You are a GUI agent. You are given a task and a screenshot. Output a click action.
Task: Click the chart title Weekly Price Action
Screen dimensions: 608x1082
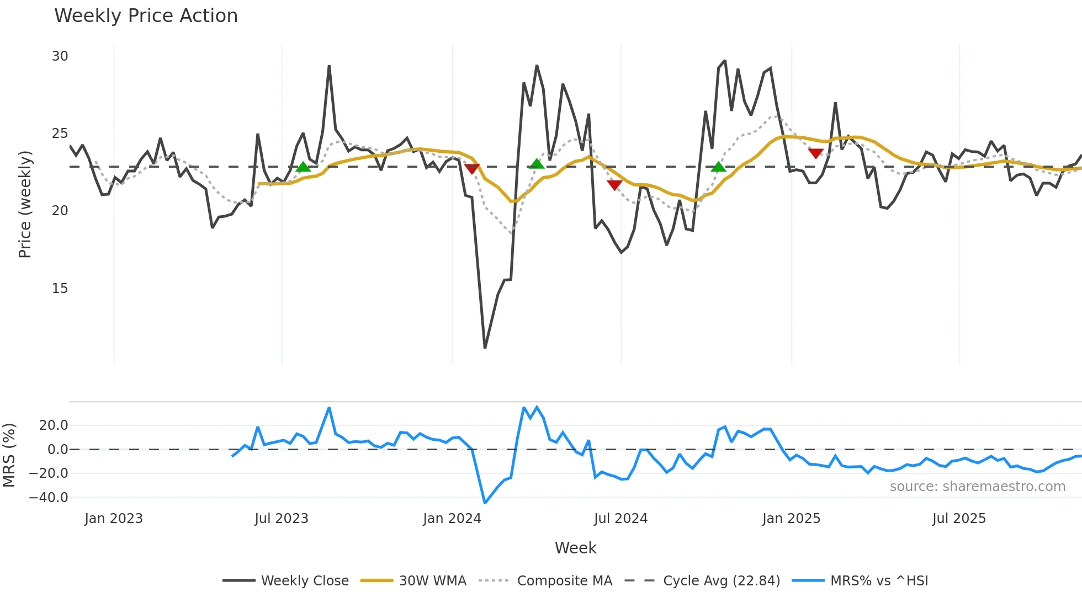[146, 16]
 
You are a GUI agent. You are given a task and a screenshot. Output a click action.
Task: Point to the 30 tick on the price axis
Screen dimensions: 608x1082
[60, 56]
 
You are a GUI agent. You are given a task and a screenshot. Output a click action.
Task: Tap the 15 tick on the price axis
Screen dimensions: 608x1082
[60, 289]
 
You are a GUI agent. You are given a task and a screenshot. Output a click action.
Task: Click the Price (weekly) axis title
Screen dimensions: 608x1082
[25, 204]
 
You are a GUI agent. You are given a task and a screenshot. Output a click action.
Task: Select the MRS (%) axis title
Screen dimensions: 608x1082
[9, 455]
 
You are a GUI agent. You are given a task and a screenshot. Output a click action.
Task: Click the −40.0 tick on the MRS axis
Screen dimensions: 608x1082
[49, 497]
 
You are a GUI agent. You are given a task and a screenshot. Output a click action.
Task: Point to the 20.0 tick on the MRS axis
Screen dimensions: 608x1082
[54, 425]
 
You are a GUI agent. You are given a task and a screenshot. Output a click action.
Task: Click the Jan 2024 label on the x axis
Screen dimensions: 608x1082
[452, 519]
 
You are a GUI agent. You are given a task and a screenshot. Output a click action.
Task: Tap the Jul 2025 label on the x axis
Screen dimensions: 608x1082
[958, 519]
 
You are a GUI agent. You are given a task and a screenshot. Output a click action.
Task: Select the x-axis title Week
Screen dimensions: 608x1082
[575, 548]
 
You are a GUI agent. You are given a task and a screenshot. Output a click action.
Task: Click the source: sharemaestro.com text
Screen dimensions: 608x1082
[977, 487]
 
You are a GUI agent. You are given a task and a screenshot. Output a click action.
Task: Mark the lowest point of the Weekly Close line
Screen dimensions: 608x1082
[485, 348]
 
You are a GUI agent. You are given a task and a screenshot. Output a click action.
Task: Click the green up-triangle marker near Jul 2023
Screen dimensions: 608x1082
[303, 167]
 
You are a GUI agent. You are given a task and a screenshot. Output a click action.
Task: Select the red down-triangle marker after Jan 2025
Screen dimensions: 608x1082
[815, 153]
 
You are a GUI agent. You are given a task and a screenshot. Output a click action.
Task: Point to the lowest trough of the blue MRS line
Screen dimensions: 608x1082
[485, 503]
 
